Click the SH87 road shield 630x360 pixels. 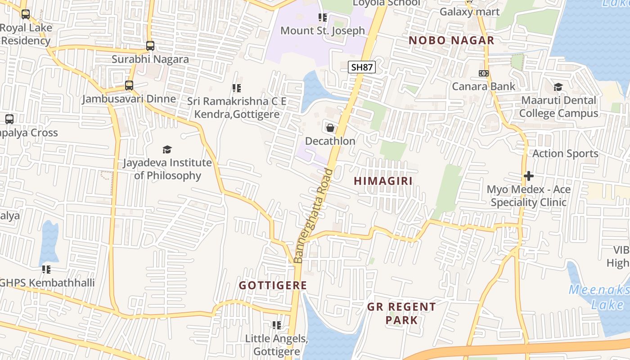(x=362, y=67)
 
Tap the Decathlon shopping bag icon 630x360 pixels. (x=330, y=128)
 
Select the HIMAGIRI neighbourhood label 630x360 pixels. (x=383, y=181)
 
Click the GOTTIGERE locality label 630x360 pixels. (x=273, y=285)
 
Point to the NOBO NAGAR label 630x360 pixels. (x=451, y=40)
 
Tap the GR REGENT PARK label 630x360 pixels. (x=401, y=313)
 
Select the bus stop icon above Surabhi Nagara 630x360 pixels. (x=150, y=46)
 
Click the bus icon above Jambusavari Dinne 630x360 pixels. (x=129, y=85)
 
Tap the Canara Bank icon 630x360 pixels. (x=484, y=73)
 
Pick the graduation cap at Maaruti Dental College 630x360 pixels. (x=558, y=87)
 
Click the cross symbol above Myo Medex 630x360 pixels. (x=529, y=175)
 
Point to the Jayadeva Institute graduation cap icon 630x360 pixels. (x=167, y=149)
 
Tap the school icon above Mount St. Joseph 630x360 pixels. (x=322, y=18)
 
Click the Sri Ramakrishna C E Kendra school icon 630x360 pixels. (x=237, y=88)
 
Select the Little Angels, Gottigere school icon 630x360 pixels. (x=277, y=325)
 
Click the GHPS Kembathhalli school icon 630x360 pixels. (x=46, y=270)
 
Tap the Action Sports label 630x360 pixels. (x=565, y=153)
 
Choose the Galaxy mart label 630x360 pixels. (x=469, y=12)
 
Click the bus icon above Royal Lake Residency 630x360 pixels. (x=26, y=14)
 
